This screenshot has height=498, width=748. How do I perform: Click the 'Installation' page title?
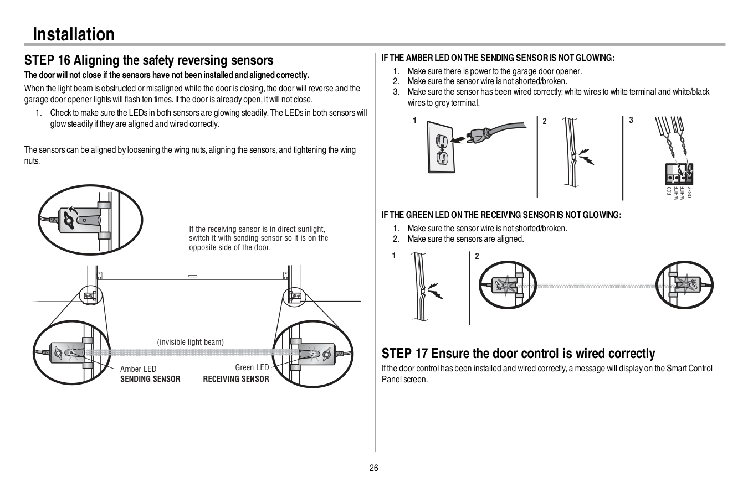(x=74, y=34)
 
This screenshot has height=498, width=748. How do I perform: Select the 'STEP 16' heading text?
(x=148, y=60)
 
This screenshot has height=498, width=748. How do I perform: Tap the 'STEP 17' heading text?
(x=518, y=354)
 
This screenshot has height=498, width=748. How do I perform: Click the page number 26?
(x=374, y=468)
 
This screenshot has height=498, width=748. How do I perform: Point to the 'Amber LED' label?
(x=138, y=369)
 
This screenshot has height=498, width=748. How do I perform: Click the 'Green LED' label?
(x=252, y=367)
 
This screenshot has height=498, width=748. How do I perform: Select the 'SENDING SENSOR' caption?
(x=150, y=379)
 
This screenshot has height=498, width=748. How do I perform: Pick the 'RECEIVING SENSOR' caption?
(x=236, y=379)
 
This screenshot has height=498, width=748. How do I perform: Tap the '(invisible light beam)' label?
(x=191, y=342)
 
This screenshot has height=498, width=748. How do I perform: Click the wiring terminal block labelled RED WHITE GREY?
(x=679, y=174)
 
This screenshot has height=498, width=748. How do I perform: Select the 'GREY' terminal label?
(x=690, y=192)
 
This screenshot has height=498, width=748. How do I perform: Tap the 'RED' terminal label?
(x=669, y=191)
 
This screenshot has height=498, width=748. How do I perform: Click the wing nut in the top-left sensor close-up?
(x=69, y=219)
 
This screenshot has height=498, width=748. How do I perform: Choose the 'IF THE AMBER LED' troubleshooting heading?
(x=498, y=58)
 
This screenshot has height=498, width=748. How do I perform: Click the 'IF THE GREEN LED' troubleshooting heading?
(x=501, y=215)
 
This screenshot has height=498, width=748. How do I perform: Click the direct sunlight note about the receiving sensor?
(x=258, y=238)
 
